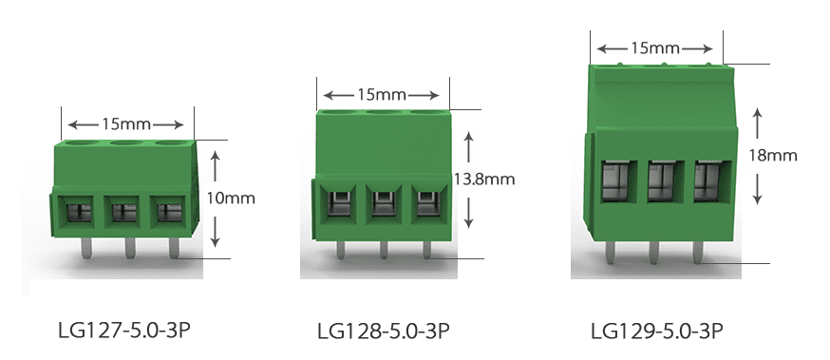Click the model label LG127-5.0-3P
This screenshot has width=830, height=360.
tap(123, 331)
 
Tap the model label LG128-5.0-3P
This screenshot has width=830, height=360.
tap(384, 332)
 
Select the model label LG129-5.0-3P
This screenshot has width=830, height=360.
tap(657, 332)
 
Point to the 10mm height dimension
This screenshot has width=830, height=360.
tap(231, 198)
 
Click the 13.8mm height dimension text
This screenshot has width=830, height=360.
tap(483, 179)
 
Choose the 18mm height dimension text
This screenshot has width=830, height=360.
tap(773, 155)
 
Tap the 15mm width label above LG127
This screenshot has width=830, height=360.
tap(126, 124)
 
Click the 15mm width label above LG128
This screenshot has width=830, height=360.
tap(382, 95)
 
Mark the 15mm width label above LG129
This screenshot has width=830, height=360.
tap(655, 48)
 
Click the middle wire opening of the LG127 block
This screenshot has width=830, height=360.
tap(123, 211)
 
